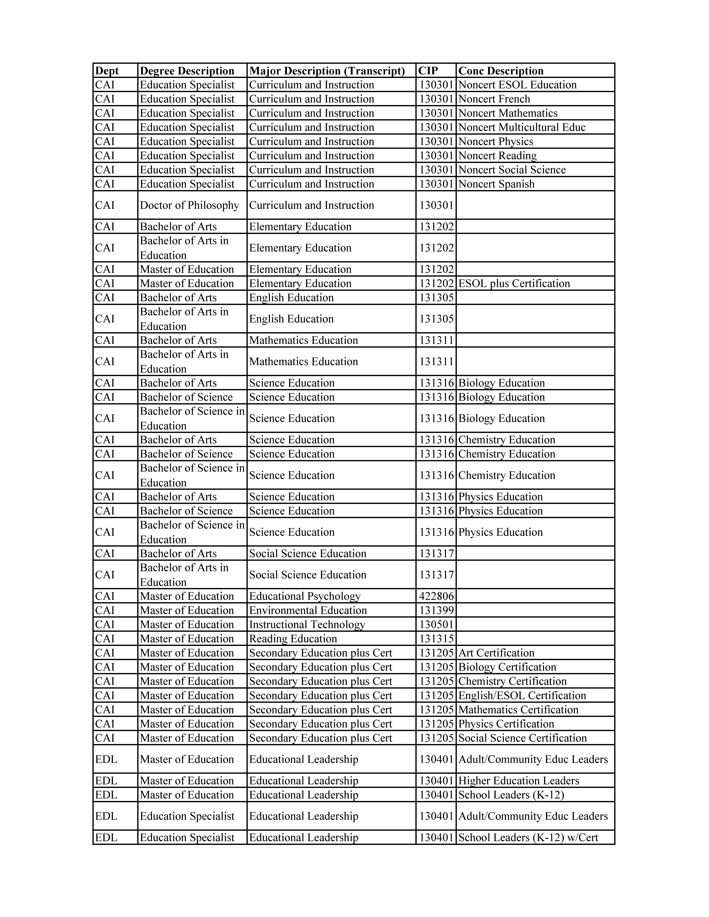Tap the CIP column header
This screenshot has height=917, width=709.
point(428,71)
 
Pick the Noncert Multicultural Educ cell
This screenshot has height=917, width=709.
point(522,127)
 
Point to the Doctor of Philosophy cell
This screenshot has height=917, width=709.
point(189,205)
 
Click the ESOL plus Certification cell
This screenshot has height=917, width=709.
point(514,283)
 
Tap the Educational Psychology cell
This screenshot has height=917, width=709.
point(305,596)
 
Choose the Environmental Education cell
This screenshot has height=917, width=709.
point(308,610)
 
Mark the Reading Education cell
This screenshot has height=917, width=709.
point(293,639)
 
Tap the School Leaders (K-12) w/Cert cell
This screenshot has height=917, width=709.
point(528,838)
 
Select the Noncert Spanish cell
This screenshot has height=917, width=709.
point(496,184)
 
